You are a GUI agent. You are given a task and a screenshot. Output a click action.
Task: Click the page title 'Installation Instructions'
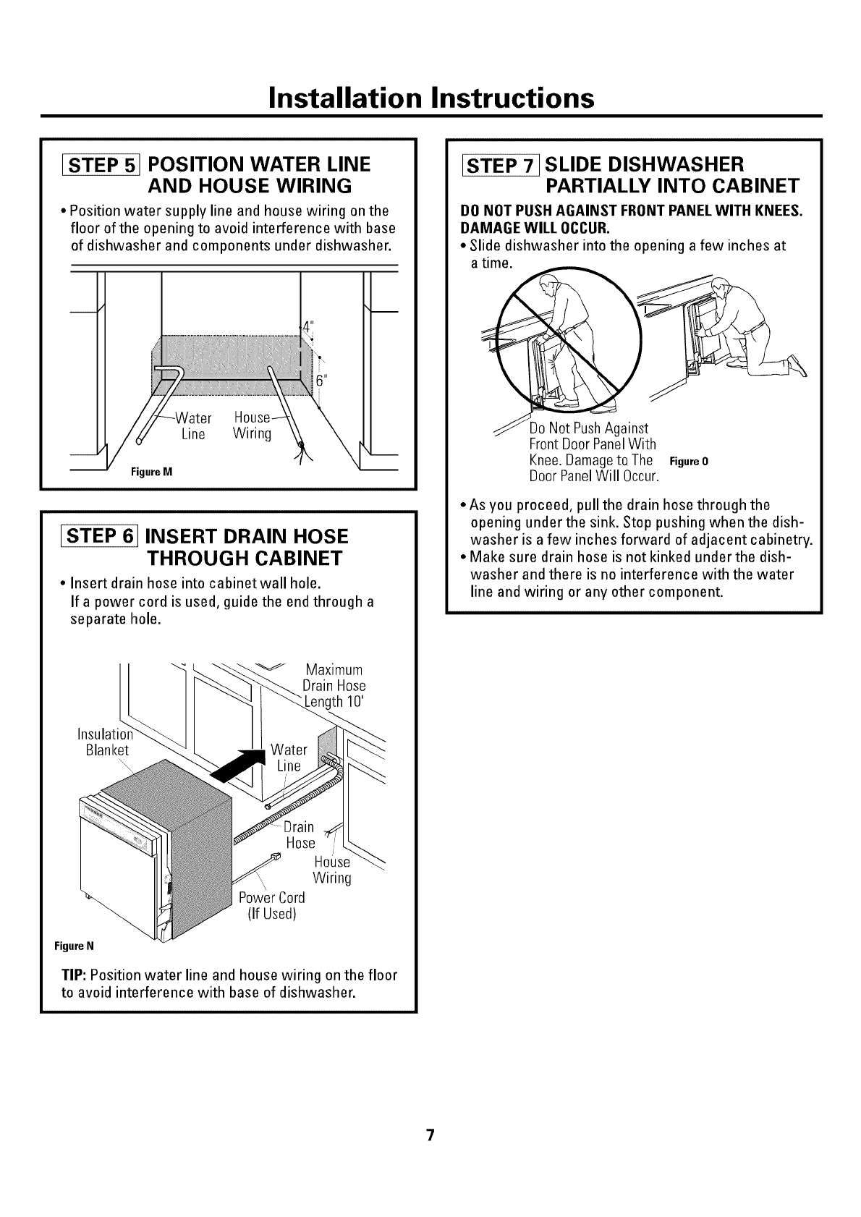(x=431, y=97)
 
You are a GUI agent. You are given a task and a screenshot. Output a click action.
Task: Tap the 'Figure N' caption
(x=75, y=946)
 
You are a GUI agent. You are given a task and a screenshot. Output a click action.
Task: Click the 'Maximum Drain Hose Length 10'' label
(x=334, y=685)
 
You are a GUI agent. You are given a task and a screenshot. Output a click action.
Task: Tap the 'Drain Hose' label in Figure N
(x=300, y=835)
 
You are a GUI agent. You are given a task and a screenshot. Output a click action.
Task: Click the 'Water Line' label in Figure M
(x=194, y=426)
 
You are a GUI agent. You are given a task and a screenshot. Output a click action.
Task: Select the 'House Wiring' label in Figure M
(x=252, y=426)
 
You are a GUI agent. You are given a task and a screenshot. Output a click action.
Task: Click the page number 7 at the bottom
(x=430, y=1135)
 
